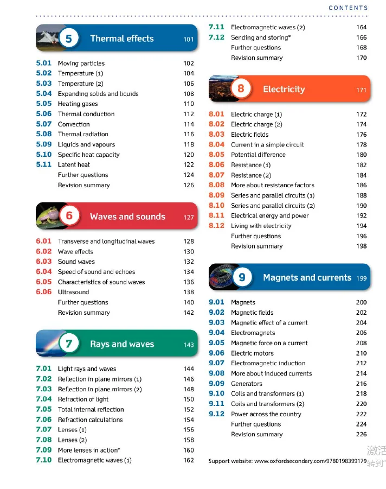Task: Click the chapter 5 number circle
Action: click(x=69, y=39)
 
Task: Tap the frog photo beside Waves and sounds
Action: click(x=47, y=217)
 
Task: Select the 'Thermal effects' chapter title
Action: click(x=122, y=39)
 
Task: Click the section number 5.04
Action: click(x=44, y=93)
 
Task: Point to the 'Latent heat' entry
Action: click(x=74, y=164)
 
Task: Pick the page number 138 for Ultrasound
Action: click(x=189, y=292)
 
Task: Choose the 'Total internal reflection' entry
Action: click(x=91, y=410)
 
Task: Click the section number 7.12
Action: click(x=216, y=37)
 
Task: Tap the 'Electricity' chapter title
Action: click(x=284, y=89)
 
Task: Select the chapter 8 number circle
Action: click(x=241, y=89)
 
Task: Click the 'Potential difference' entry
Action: click(x=258, y=155)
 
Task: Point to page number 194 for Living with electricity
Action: click(x=362, y=226)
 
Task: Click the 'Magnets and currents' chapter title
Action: click(x=307, y=277)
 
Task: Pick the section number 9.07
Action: click(x=216, y=363)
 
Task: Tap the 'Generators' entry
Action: click(x=247, y=384)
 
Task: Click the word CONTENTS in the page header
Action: click(x=348, y=8)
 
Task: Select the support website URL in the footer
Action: click(x=311, y=461)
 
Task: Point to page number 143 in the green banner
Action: click(x=189, y=345)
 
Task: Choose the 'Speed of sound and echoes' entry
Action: click(x=97, y=272)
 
